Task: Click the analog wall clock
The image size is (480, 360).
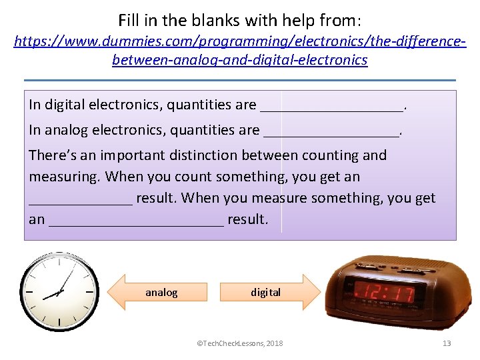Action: click(x=59, y=292)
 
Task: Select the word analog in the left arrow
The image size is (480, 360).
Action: click(x=161, y=293)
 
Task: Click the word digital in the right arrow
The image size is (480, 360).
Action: click(x=265, y=293)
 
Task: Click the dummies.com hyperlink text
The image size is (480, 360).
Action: click(x=240, y=51)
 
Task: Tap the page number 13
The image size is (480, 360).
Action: click(x=447, y=343)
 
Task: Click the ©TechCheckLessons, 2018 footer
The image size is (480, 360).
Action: click(x=239, y=343)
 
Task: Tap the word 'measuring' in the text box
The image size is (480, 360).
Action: click(x=64, y=177)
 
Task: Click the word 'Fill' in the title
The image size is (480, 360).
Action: click(x=131, y=20)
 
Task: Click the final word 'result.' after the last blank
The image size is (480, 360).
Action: click(x=248, y=220)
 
